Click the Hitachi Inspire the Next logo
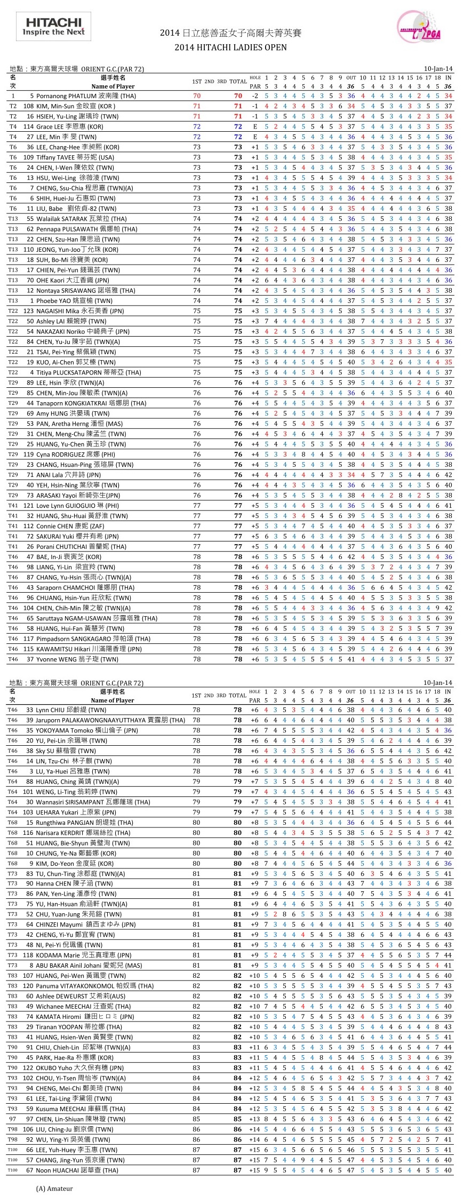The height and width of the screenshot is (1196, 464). [53, 27]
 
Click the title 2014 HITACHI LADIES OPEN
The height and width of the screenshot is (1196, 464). [230, 47]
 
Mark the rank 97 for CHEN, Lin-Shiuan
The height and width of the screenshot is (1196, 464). [13, 1119]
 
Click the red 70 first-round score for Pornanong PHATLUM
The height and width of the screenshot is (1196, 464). [197, 96]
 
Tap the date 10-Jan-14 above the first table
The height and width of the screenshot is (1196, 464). [438, 69]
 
